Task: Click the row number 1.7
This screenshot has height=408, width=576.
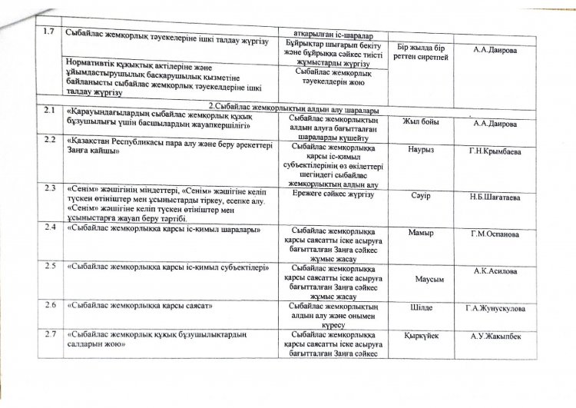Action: (50, 35)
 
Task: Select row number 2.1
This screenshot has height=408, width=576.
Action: (50, 111)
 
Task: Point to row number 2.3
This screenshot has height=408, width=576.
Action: (51, 187)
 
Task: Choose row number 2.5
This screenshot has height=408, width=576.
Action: (51, 266)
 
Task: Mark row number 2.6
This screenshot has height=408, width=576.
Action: (51, 306)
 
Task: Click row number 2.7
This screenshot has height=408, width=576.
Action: (51, 334)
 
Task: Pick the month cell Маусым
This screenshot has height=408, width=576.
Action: (421, 278)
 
